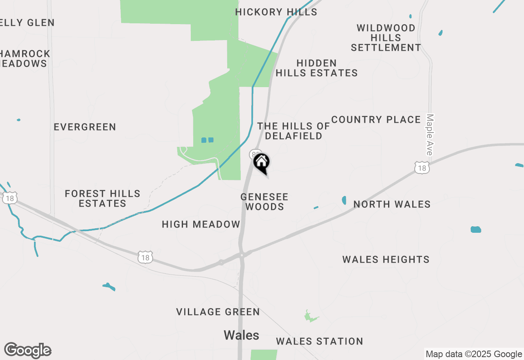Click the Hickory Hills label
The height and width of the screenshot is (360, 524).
pos(276,12)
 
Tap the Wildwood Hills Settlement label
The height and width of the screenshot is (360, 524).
pos(386,38)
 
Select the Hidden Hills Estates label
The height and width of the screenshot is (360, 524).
pos(316,68)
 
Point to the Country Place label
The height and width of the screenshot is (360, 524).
pos(376,120)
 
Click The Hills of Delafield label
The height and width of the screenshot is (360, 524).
pos(294,131)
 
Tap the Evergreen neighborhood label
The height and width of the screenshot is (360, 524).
pos(85,127)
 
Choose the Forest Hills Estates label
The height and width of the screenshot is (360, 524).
pos(102,198)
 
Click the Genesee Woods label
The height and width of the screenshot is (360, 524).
pos(264,202)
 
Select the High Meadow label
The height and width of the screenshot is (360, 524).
pos(201,225)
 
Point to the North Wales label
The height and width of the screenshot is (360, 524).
pos(392,205)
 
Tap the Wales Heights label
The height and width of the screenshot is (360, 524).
pos(386,260)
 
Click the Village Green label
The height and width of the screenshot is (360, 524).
pos(218,312)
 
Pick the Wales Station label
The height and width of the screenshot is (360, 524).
pos(319,342)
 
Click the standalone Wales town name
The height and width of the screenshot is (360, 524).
pos(241,335)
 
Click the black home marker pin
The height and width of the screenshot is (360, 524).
pos(261,162)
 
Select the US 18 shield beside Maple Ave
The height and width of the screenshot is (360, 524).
pos(422,167)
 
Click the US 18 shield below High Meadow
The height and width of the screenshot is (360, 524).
pos(145,257)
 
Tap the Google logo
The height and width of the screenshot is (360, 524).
pos(27,350)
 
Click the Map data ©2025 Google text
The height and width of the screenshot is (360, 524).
pos(474,354)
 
